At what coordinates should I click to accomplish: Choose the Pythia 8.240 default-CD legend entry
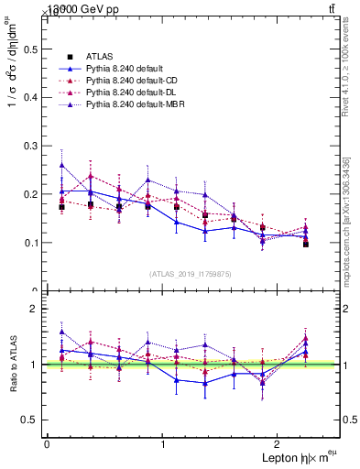[x=127, y=82]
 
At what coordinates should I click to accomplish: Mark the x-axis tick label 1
[x=163, y=444]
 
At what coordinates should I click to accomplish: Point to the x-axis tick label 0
[x=47, y=444]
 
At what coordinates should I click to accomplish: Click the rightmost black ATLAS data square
[x=306, y=245]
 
